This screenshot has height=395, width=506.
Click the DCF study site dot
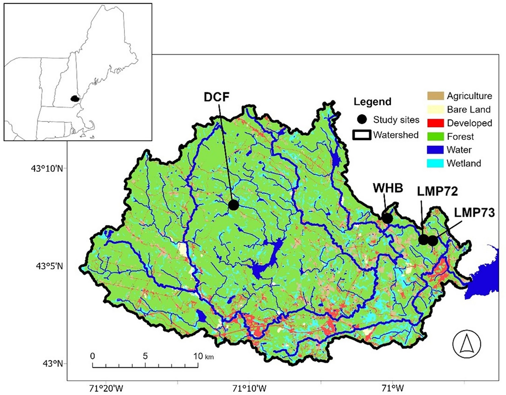234,205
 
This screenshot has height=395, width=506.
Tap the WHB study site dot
387,218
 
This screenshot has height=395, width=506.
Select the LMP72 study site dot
423,239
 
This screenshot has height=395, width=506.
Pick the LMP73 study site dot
433,241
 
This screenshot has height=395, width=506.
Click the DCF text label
217,97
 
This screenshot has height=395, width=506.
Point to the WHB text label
388,188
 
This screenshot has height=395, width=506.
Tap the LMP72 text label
437,191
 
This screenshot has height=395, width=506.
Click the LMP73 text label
474,213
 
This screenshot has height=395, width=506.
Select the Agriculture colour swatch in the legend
435,96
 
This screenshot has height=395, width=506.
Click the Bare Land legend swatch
435,109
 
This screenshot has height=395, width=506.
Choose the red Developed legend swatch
435,123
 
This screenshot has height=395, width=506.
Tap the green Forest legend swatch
435,136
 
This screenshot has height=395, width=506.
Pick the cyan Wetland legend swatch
435,163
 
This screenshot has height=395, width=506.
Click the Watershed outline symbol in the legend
362,135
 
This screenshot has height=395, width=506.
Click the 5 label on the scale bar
145,356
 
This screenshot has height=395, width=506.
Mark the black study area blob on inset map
75,99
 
